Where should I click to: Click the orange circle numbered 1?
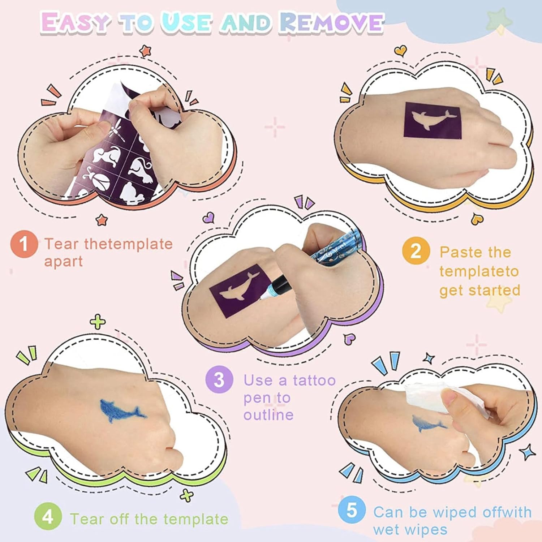pos(24,244)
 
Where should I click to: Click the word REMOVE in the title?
pos(331,23)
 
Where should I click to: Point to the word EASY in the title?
pos(75,22)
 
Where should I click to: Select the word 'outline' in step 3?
pos(268,414)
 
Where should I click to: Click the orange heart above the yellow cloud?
pos(399,51)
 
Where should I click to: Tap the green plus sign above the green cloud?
pos(98,322)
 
